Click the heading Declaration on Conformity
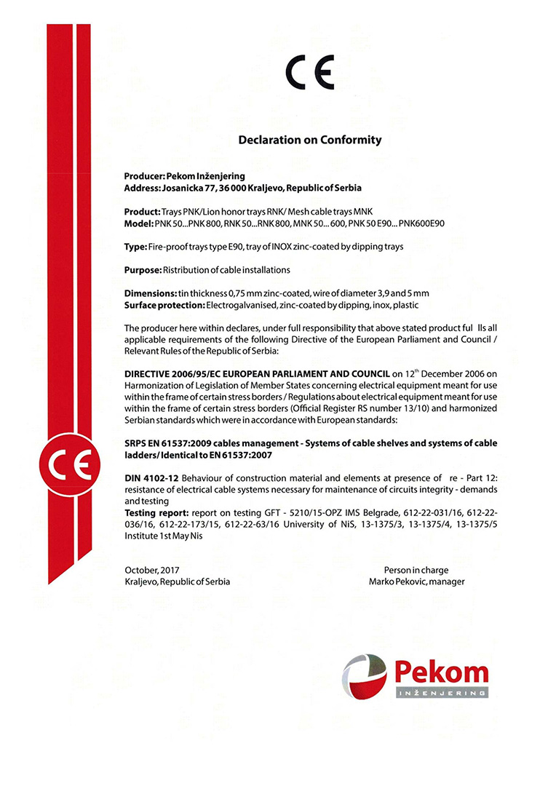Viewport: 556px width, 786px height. tap(310, 140)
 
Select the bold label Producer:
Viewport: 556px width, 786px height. tap(145, 176)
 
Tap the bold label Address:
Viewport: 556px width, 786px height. tap(142, 187)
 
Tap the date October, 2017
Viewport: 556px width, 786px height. tap(152, 570)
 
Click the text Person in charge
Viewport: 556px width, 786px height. tap(416, 570)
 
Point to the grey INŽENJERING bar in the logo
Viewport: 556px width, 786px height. tap(442, 694)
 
